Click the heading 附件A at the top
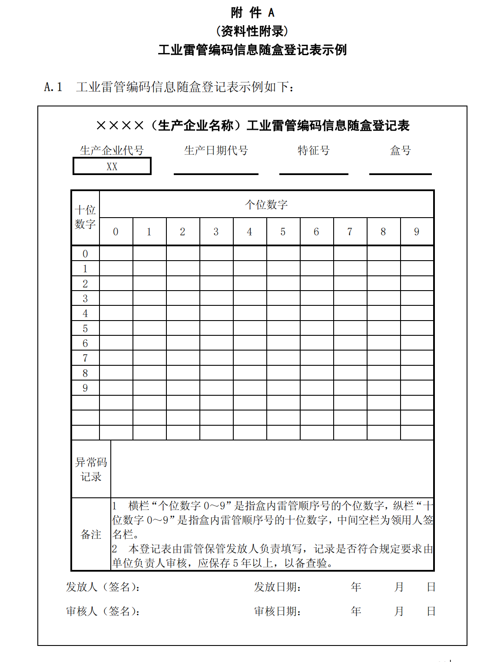pyautogui.click(x=252, y=13)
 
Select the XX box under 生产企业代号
pyautogui.click(x=112, y=166)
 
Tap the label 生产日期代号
pyautogui.click(x=216, y=151)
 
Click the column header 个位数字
pyautogui.click(x=266, y=205)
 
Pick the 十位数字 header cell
pyautogui.click(x=85, y=218)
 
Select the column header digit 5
pyautogui.click(x=283, y=232)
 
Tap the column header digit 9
pyautogui.click(x=417, y=232)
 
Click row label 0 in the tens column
pyautogui.click(x=85, y=254)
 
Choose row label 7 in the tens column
pyautogui.click(x=85, y=358)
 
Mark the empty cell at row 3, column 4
pyautogui.click(x=250, y=298)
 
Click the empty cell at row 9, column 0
pyautogui.click(x=116, y=388)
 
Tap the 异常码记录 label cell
pyautogui.click(x=91, y=469)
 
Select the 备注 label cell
pyautogui.click(x=91, y=534)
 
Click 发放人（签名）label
pyautogui.click(x=103, y=587)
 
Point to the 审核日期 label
pyautogui.click(x=278, y=612)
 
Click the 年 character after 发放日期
pyautogui.click(x=356, y=587)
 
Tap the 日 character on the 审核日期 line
pyautogui.click(x=431, y=612)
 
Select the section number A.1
pyautogui.click(x=53, y=87)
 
